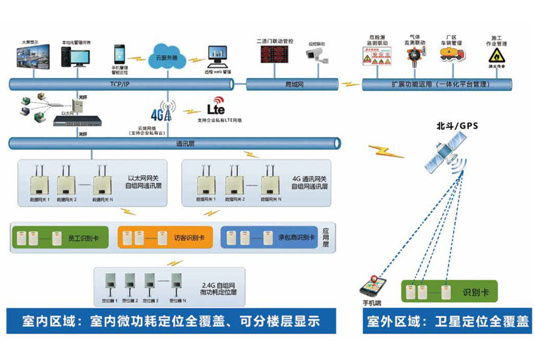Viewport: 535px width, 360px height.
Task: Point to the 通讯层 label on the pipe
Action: (183, 143)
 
